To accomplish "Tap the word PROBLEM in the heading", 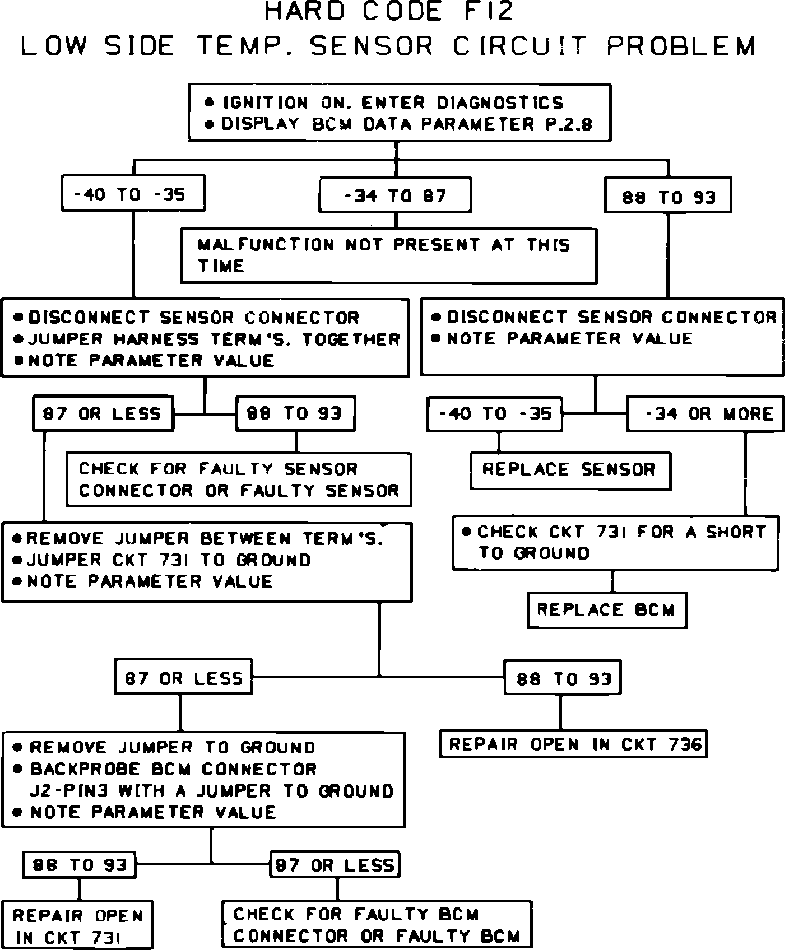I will (x=681, y=46).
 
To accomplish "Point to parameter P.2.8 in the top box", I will (x=569, y=124).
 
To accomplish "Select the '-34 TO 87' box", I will (x=395, y=195).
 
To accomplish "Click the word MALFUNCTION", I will (x=266, y=245).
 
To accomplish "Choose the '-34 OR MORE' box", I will (x=706, y=414).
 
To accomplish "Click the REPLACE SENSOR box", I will (x=570, y=469).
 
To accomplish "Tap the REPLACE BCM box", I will (x=607, y=609).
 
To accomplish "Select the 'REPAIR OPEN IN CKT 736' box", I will (x=573, y=744).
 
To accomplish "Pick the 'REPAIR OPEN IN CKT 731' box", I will (x=77, y=925).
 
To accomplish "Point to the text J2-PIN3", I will (x=69, y=791).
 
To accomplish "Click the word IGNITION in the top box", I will (x=266, y=103).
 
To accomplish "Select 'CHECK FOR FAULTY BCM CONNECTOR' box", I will (x=377, y=925).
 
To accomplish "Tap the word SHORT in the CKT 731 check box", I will (x=735, y=532).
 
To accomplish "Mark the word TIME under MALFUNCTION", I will (x=221, y=266).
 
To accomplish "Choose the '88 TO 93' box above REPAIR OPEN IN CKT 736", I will (x=563, y=678).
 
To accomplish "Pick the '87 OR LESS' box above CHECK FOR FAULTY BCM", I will (x=335, y=865).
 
